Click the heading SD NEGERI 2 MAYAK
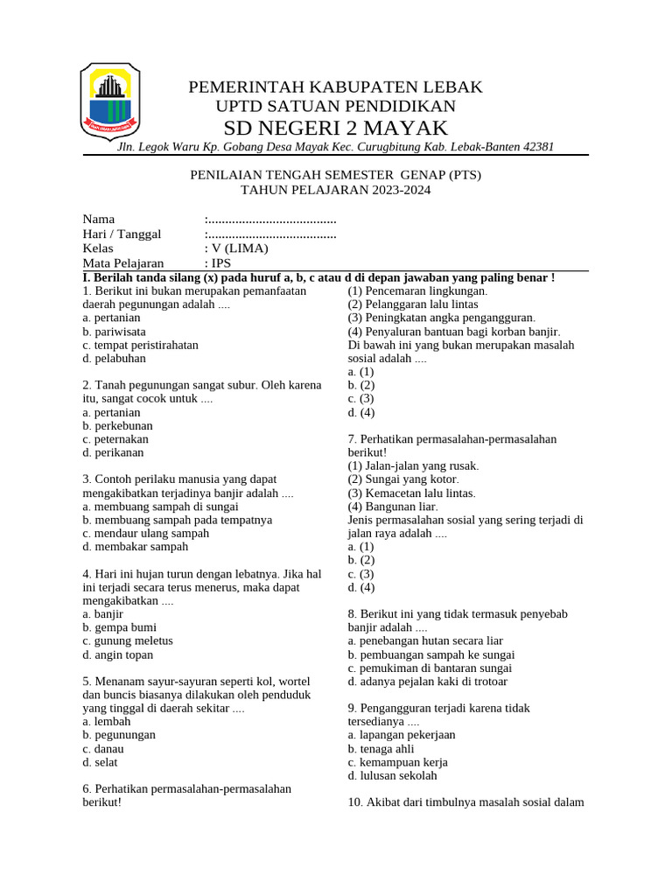(x=335, y=128)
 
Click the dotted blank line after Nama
(x=271, y=219)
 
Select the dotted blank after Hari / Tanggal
(x=271, y=234)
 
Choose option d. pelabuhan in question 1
(x=115, y=358)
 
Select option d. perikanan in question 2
(x=114, y=452)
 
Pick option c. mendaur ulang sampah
(x=146, y=533)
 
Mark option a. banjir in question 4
(x=103, y=614)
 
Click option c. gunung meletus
(x=128, y=640)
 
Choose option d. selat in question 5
(x=100, y=762)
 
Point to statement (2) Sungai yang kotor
(x=403, y=479)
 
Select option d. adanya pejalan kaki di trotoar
(x=427, y=681)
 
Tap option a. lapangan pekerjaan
(x=402, y=735)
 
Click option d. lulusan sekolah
(x=392, y=775)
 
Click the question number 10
(x=355, y=802)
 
